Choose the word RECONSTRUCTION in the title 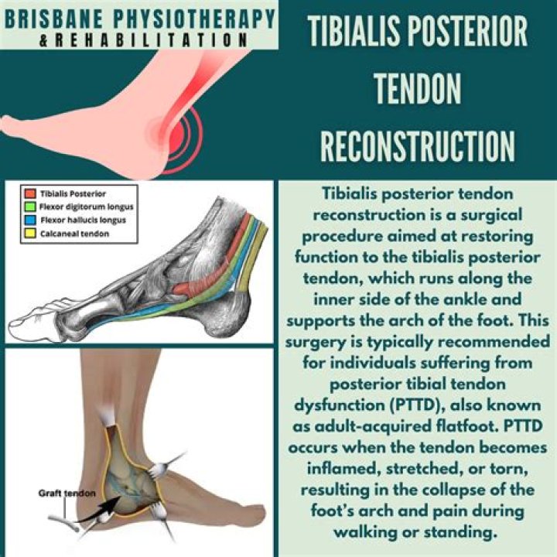[418, 146]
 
